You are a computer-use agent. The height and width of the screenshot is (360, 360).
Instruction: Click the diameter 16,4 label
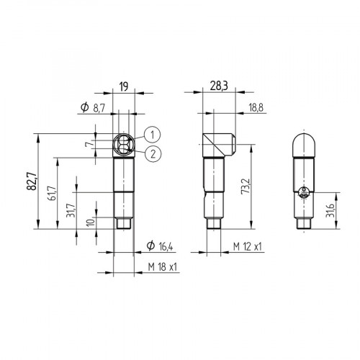(x=160, y=246)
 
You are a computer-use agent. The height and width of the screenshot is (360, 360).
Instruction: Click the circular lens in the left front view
(x=125, y=144)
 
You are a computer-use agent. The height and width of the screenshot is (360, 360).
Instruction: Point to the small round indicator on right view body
(x=305, y=192)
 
